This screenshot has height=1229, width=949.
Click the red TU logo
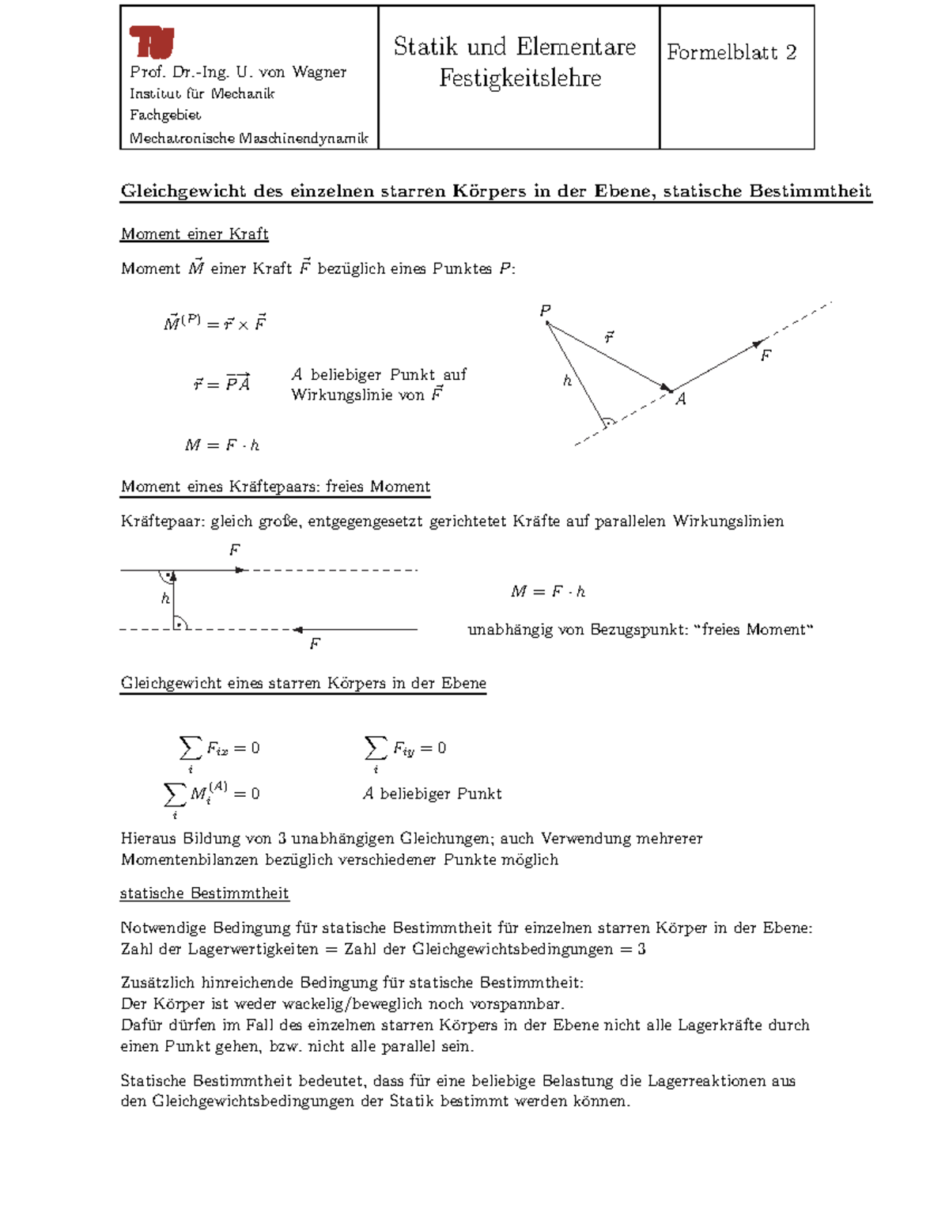point(151,42)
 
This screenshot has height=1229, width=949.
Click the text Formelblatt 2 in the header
point(731,53)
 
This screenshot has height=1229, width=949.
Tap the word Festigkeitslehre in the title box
point(520,78)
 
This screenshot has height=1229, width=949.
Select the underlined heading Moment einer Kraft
point(195,234)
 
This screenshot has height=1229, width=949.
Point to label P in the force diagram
point(545,311)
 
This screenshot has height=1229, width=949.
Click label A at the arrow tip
point(680,400)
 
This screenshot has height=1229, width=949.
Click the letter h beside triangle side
point(567,381)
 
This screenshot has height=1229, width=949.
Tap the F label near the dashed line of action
point(766,355)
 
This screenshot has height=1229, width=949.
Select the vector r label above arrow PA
point(609,338)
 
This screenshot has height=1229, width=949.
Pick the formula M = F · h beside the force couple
point(548,592)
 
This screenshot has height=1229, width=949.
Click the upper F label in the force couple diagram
point(234,550)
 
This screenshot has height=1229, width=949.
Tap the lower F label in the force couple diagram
point(315,644)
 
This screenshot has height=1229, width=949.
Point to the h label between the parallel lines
point(165,599)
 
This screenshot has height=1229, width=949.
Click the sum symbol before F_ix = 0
point(190,748)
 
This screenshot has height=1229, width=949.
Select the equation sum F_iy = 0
point(405,749)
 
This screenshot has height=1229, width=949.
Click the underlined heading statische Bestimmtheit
point(204,893)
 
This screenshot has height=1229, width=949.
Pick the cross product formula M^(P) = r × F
point(214,323)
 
